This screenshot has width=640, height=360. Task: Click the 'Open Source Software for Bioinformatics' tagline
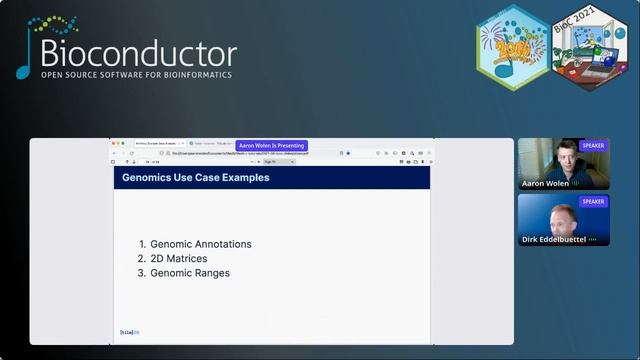point(136,75)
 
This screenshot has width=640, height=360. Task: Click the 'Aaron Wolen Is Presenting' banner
point(272,145)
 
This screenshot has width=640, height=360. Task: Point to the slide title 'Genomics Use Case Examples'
point(195,178)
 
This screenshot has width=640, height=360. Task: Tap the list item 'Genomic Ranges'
point(189,273)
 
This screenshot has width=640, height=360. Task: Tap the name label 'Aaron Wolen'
point(546,184)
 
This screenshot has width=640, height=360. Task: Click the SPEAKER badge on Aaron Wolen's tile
point(593,145)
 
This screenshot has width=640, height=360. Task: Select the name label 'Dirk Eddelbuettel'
point(554,240)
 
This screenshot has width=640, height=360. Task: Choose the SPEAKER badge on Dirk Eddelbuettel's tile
point(593,201)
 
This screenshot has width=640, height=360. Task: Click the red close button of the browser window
point(114,143)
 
